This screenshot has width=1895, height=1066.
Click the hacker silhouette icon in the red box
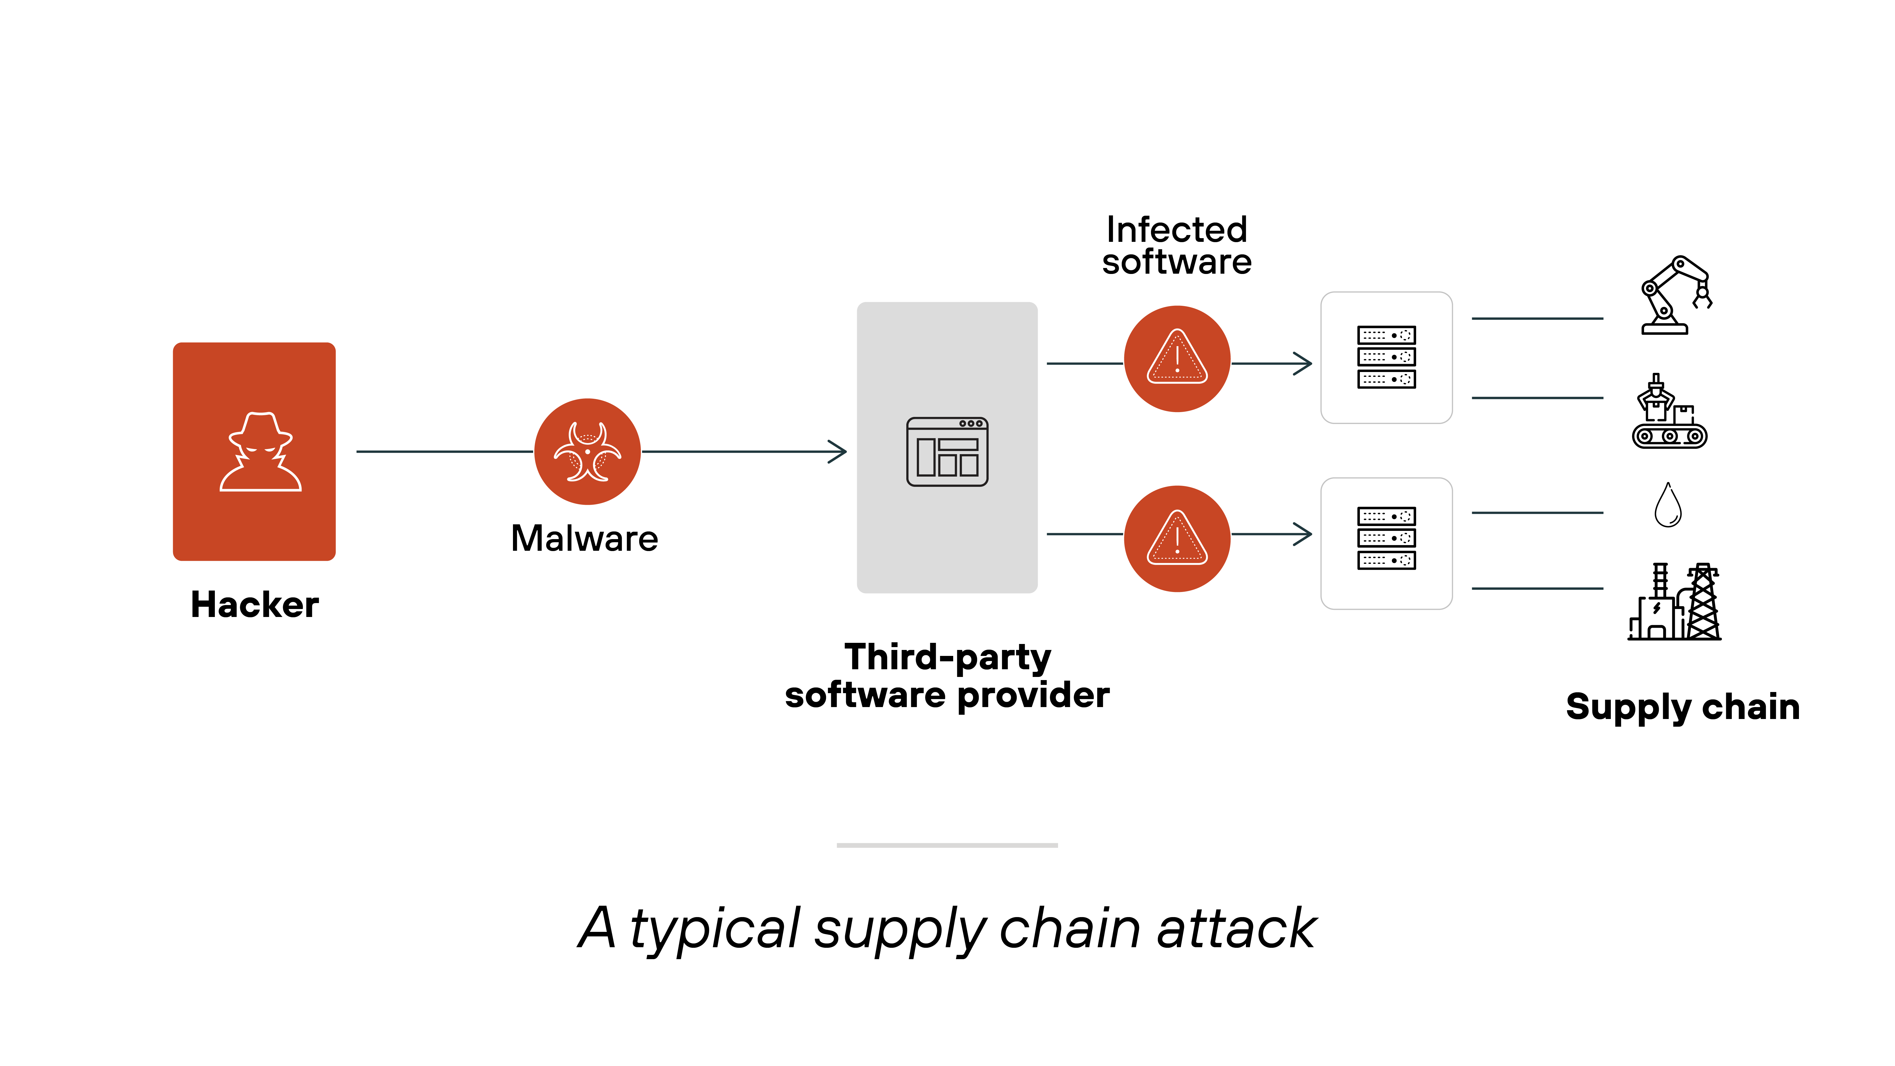pyautogui.click(x=260, y=452)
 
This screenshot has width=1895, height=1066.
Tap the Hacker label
pyautogui.click(x=255, y=605)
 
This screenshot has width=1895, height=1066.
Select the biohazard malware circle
pyautogui.click(x=587, y=452)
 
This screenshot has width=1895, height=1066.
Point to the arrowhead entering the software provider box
pyautogui.click(x=839, y=452)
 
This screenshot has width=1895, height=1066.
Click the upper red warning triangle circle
pyautogui.click(x=1177, y=359)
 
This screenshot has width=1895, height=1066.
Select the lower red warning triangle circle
pyautogui.click(x=1177, y=539)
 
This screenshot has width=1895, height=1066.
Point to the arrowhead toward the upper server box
pyautogui.click(x=1304, y=363)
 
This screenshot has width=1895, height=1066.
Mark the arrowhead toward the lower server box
pyautogui.click(x=1304, y=534)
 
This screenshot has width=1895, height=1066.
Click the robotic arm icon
pyautogui.click(x=1675, y=296)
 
